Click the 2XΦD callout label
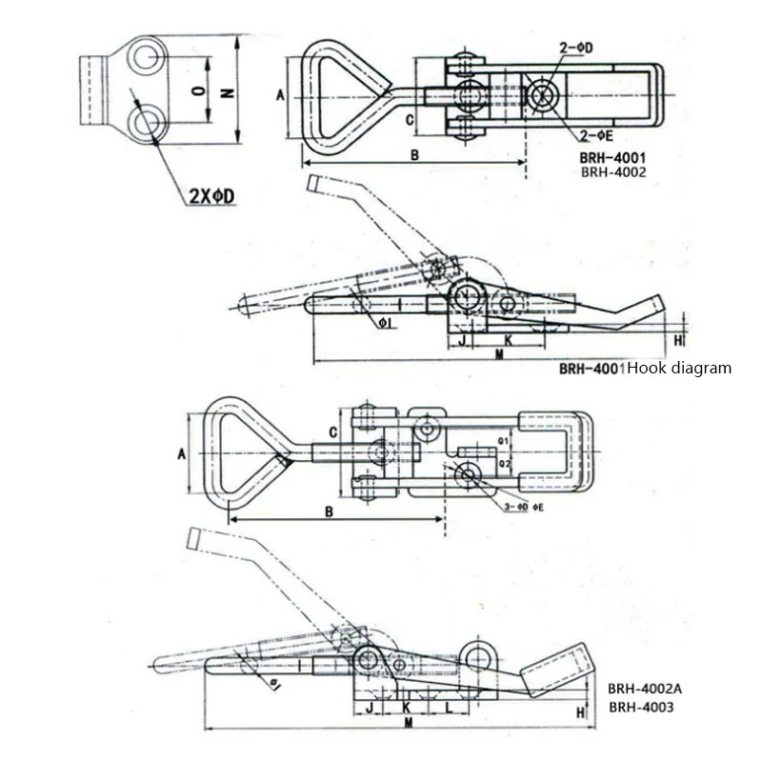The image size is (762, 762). (211, 196)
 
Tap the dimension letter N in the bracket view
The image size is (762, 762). (227, 92)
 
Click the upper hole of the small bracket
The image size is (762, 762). (146, 57)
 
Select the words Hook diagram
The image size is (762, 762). (679, 368)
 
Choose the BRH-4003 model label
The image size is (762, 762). (641, 707)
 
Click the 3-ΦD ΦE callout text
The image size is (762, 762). (522, 508)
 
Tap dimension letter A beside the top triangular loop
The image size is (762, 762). (280, 95)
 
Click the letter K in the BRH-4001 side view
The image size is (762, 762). (508, 339)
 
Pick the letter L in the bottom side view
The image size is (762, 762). (449, 709)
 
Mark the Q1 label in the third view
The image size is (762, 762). (504, 442)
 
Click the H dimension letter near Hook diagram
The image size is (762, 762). (678, 339)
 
